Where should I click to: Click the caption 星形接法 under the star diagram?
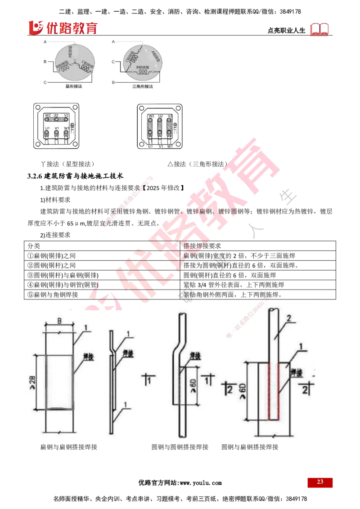pos(73,85)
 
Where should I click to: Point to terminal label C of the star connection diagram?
pos(45,83)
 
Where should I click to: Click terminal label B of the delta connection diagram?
pos(113,83)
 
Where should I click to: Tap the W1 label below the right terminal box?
pos(170,147)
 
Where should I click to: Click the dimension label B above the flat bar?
pos(59,321)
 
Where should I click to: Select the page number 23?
pos(320,482)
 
